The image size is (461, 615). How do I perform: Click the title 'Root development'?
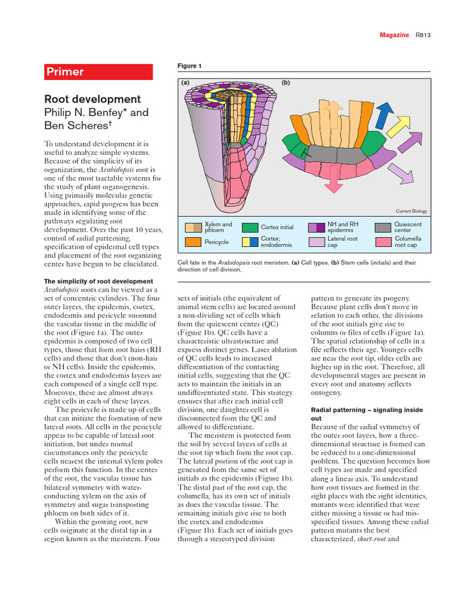tap(92, 99)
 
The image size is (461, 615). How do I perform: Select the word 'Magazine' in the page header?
tap(394, 35)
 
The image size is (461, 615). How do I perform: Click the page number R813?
tap(424, 35)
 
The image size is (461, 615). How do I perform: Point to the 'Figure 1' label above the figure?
tap(190, 65)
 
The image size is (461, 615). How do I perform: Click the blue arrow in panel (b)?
tap(384, 115)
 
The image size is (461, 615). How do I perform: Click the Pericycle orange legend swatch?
tap(193, 241)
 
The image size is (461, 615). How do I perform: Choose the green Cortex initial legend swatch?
tap(250, 227)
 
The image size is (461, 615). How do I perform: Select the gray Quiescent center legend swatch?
tap(383, 227)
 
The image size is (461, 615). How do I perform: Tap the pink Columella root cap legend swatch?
tap(383, 241)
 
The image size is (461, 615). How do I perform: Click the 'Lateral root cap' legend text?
tap(342, 241)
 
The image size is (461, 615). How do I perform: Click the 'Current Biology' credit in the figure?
tap(412, 211)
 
